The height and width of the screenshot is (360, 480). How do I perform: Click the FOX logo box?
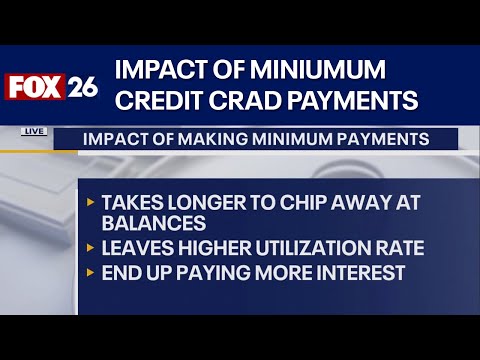click(37, 87)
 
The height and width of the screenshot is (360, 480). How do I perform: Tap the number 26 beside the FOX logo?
click(83, 87)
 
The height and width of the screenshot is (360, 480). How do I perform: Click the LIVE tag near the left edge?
click(32, 131)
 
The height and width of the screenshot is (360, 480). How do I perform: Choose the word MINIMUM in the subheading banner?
click(291, 139)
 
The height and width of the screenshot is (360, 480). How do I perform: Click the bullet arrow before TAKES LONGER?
click(91, 202)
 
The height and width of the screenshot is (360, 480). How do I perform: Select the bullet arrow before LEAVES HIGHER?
click(91, 248)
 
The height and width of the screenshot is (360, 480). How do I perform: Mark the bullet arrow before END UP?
click(91, 271)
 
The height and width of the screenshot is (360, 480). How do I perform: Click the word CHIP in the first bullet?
click(281, 202)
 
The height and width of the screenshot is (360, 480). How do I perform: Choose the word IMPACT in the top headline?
click(160, 71)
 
